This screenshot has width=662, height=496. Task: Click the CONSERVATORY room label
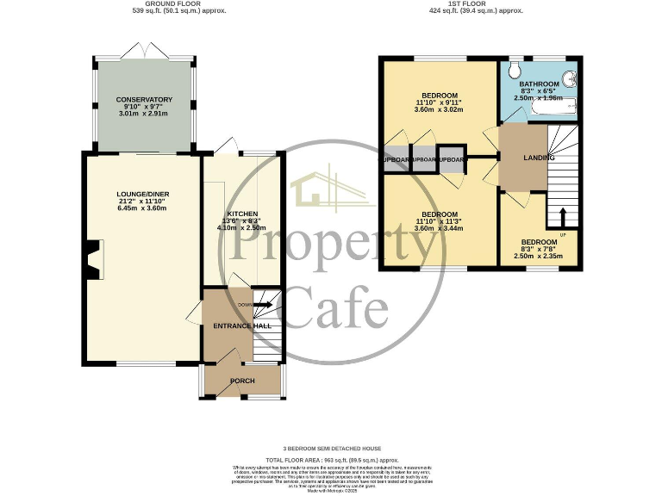144,100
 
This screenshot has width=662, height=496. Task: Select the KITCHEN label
242,213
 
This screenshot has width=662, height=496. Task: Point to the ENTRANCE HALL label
242,326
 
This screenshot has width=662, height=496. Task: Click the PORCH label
242,380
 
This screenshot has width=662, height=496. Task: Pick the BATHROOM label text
538,84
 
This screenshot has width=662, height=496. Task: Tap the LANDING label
539,158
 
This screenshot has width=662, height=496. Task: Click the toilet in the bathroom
515,68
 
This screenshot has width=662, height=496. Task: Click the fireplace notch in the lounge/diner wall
93,258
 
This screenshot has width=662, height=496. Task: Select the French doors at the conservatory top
144,54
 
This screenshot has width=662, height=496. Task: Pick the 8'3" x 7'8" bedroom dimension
538,249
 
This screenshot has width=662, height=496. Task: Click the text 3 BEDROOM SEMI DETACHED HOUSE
331,449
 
